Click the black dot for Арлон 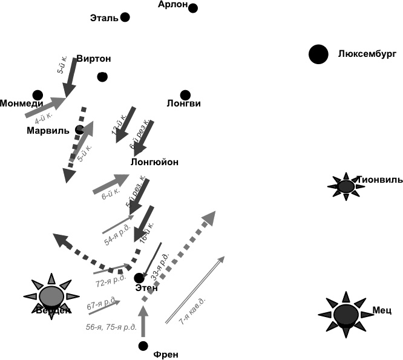(x=193, y=8)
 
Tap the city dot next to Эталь (x=125, y=17)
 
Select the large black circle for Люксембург (x=318, y=54)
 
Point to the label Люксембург (x=367, y=54)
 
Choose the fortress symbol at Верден (x=51, y=296)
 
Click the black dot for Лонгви (x=185, y=94)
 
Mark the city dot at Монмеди (x=38, y=95)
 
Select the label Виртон (x=94, y=59)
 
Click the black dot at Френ (x=143, y=346)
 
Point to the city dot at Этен (x=139, y=278)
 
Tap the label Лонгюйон (x=155, y=162)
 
